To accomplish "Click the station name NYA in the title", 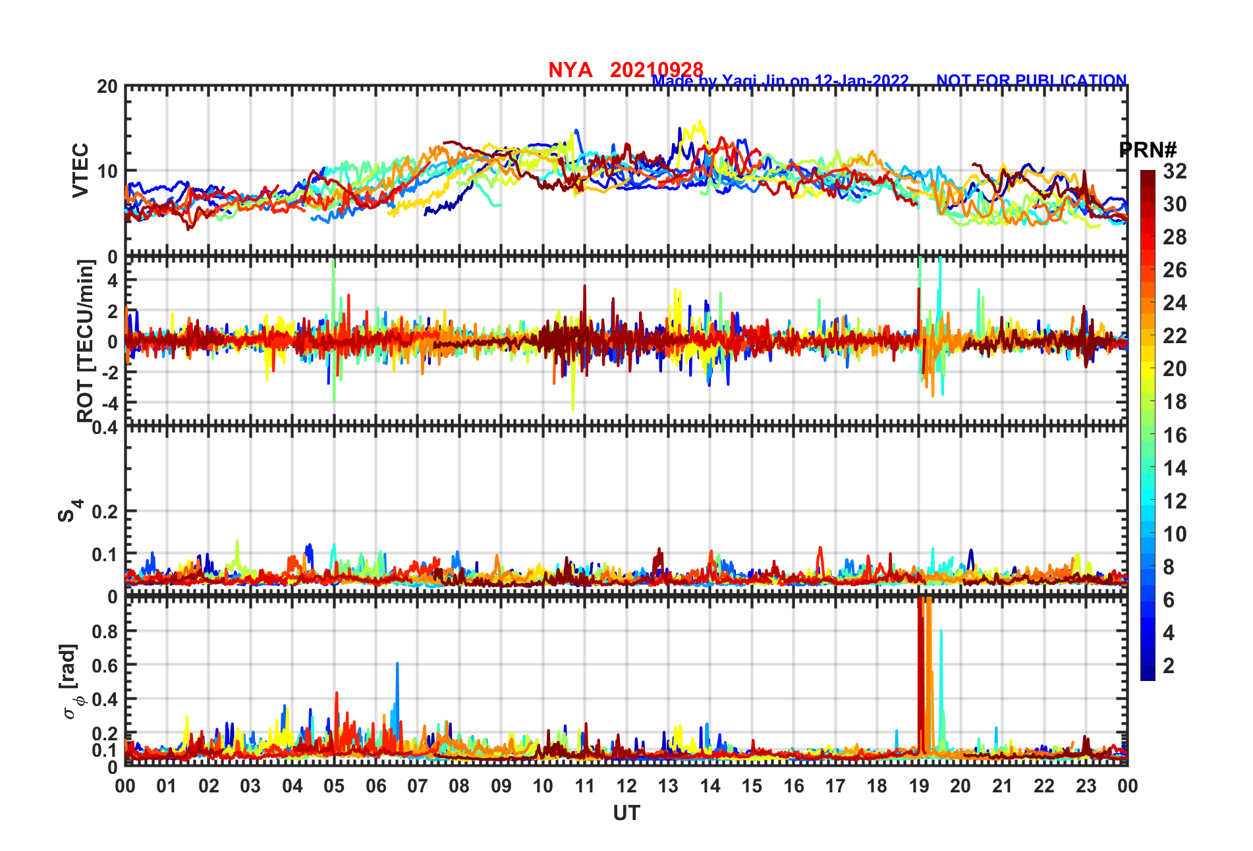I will pyautogui.click(x=570, y=70).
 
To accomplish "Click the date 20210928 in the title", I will pyautogui.click(x=656, y=70).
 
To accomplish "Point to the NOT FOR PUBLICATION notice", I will pyautogui.click(x=1031, y=80).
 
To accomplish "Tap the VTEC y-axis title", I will pyautogui.click(x=80, y=170).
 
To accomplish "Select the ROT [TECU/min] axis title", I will pyautogui.click(x=86, y=341).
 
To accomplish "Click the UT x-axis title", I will pyautogui.click(x=626, y=814).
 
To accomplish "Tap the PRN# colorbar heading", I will pyautogui.click(x=1148, y=150).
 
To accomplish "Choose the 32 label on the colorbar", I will pyautogui.click(x=1175, y=171).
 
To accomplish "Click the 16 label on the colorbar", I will pyautogui.click(x=1175, y=435).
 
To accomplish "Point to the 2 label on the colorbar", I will pyautogui.click(x=1169, y=666).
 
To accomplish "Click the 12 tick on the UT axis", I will pyautogui.click(x=626, y=786).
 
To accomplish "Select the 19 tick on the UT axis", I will pyautogui.click(x=918, y=786).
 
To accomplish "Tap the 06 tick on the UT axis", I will pyautogui.click(x=376, y=786).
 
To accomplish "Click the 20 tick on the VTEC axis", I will pyautogui.click(x=107, y=87).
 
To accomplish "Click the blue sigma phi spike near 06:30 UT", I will pyautogui.click(x=397, y=665).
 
